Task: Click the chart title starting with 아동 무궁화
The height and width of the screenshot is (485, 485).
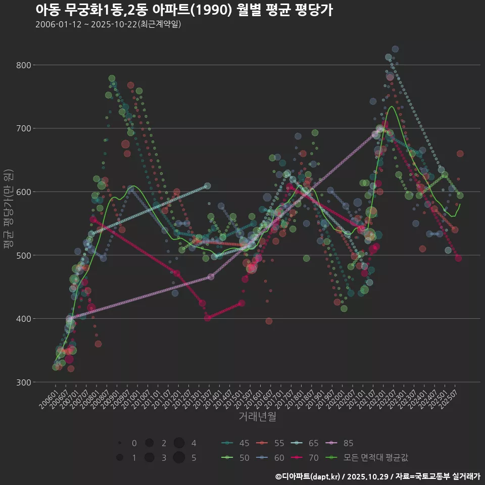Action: pyautogui.click(x=184, y=10)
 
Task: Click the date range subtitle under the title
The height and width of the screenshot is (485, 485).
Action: pyautogui.click(x=108, y=24)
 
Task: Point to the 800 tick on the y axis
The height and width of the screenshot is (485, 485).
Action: pyautogui.click(x=24, y=65)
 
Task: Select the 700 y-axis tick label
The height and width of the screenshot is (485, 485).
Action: pyautogui.click(x=24, y=128)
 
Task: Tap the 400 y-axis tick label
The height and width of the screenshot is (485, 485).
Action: pyautogui.click(x=24, y=319)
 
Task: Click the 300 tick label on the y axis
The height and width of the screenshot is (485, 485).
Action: pyautogui.click(x=24, y=382)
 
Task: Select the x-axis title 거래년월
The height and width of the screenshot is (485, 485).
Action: pyautogui.click(x=257, y=417)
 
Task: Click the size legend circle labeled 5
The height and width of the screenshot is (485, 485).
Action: pyautogui.click(x=178, y=458)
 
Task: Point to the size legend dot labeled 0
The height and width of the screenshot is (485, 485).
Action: pyautogui.click(x=120, y=443)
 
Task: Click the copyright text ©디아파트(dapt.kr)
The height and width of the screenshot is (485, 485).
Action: pyautogui.click(x=308, y=476)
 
